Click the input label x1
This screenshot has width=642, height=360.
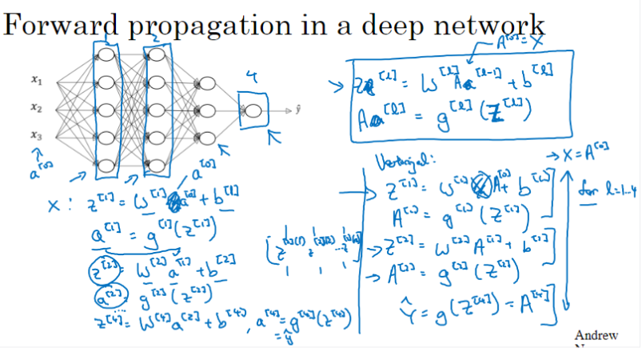click(36, 79)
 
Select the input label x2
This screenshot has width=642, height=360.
click(36, 106)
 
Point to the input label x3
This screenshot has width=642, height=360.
click(36, 134)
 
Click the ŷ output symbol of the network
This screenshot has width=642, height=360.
click(297, 107)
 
